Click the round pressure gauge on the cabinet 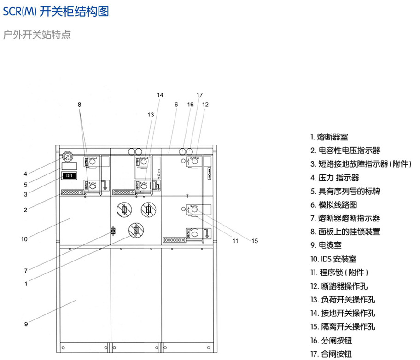(68, 157)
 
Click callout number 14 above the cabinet (160, 95)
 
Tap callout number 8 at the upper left (79, 105)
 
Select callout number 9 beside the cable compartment (26, 324)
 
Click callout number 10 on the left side (24, 238)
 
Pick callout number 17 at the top (199, 95)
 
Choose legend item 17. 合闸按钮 (331, 354)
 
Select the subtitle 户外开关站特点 (37, 35)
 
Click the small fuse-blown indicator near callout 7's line (112, 232)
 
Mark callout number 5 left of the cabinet (26, 185)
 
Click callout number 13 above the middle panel (151, 115)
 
